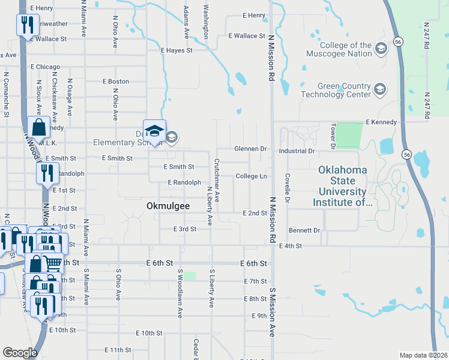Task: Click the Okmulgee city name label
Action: point(168,206)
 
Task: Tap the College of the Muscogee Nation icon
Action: point(380,48)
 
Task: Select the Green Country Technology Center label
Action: point(336,90)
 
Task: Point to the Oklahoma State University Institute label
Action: point(343,186)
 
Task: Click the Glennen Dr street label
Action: point(250,149)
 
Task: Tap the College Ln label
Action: point(251,176)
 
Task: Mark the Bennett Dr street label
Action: point(304,230)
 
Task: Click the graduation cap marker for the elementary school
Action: point(154,132)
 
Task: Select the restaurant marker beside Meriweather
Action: point(26,26)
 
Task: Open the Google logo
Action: point(20,353)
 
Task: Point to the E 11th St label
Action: point(117,350)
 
